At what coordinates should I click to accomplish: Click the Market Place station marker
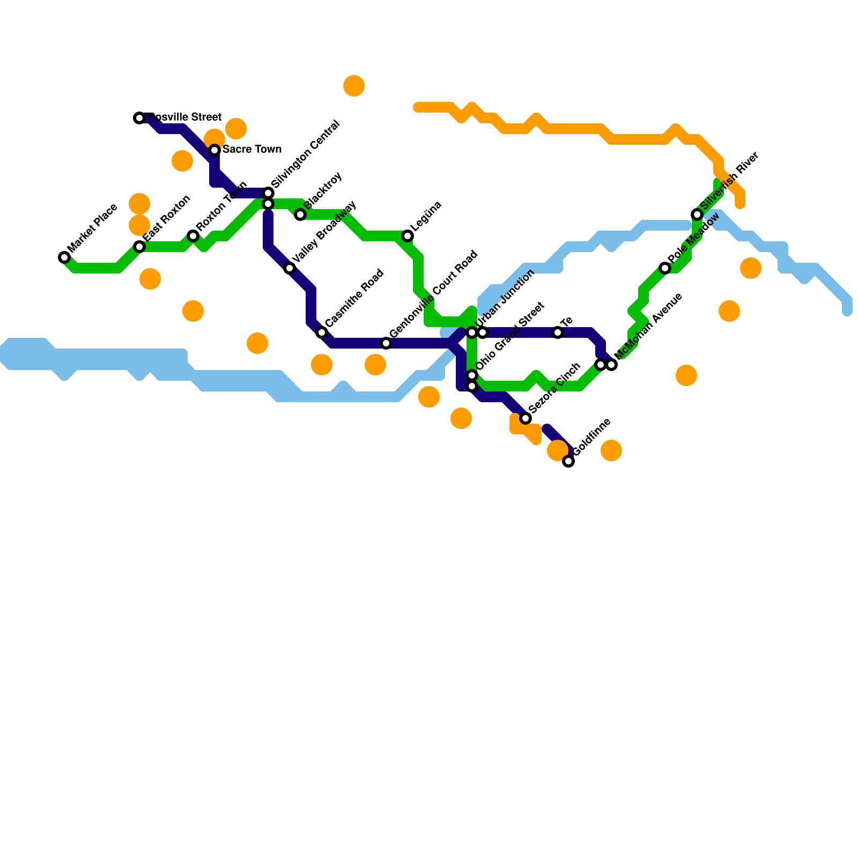64,257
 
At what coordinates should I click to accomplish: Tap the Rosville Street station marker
139,118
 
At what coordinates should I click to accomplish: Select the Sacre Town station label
252,149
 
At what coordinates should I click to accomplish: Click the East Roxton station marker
139,247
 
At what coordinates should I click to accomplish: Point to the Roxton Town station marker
193,236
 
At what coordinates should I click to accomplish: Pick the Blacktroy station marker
300,214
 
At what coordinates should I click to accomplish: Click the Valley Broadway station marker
290,268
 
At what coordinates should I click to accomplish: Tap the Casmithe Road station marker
322,332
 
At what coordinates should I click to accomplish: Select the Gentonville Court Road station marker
386,343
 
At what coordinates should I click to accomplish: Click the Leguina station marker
408,236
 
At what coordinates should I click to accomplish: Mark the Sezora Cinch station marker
526,418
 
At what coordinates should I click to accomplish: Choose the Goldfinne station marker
568,461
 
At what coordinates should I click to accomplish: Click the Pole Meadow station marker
665,268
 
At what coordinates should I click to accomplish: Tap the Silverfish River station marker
697,214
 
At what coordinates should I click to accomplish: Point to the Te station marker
558,332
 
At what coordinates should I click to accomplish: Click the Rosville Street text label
184,117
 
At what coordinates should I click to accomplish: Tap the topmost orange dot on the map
354,86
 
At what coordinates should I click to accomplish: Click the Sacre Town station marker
214,150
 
